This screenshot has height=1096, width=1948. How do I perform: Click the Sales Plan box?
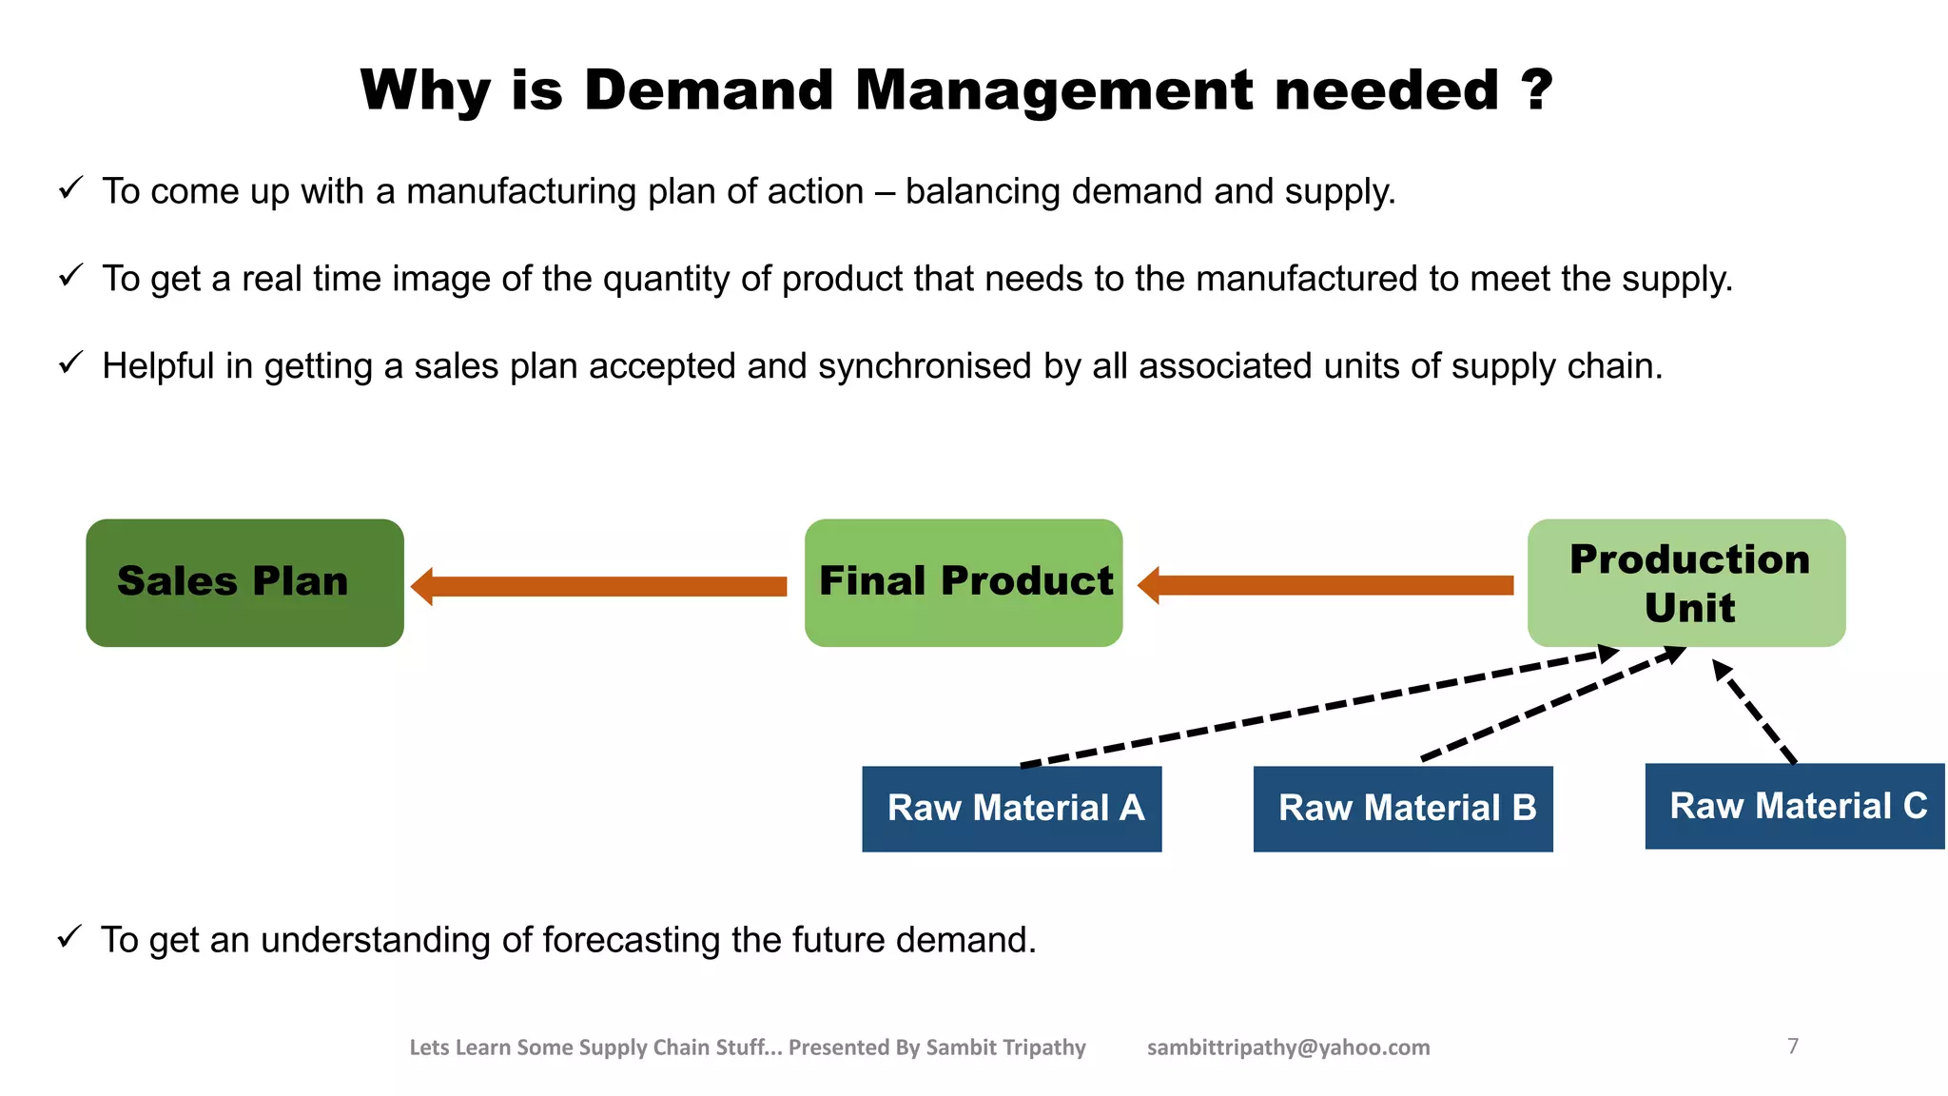[x=244, y=582]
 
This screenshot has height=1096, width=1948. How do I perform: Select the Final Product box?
[x=964, y=582]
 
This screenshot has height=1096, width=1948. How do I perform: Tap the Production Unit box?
[x=1686, y=582]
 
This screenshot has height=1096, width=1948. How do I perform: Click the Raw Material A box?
[x=1012, y=808]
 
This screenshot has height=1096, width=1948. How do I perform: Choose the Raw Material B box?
[x=1403, y=808]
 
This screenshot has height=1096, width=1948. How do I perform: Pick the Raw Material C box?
[x=1795, y=806]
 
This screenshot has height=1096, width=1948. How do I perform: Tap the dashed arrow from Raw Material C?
[x=1756, y=712]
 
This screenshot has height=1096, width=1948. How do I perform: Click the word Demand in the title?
[x=709, y=90]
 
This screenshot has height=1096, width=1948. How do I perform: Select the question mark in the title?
[x=1534, y=90]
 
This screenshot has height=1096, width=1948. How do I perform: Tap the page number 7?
[x=1793, y=1046]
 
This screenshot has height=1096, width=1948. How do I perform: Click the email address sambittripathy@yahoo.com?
[x=1288, y=1047]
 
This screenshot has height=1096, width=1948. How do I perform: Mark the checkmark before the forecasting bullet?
[x=69, y=937]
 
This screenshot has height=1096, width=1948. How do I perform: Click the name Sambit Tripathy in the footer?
[x=1005, y=1047]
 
